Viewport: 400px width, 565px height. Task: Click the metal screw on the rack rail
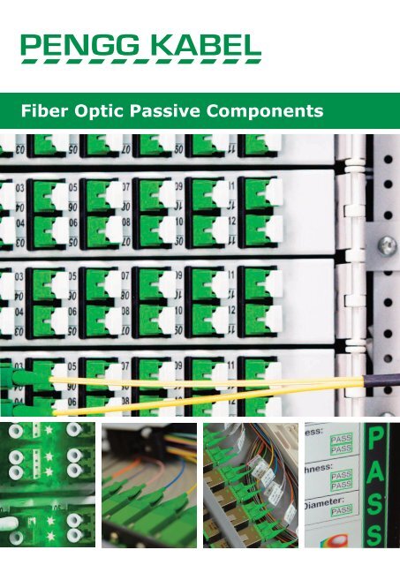tap(385, 245)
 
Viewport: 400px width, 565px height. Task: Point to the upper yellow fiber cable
tap(203, 379)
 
